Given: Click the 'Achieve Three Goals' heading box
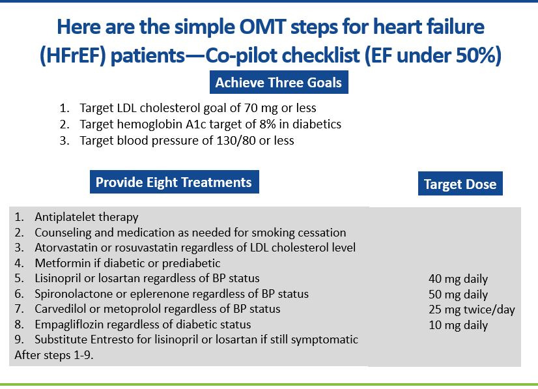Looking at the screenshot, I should [x=278, y=83].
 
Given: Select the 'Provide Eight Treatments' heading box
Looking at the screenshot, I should [x=173, y=182].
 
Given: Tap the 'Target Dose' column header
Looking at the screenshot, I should [x=460, y=184].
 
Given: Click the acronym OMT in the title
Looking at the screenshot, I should [x=246, y=28].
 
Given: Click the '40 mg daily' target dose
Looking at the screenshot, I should [x=458, y=279].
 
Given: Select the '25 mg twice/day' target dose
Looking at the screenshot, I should [x=472, y=310].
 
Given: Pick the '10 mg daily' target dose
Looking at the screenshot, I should [x=458, y=325].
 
